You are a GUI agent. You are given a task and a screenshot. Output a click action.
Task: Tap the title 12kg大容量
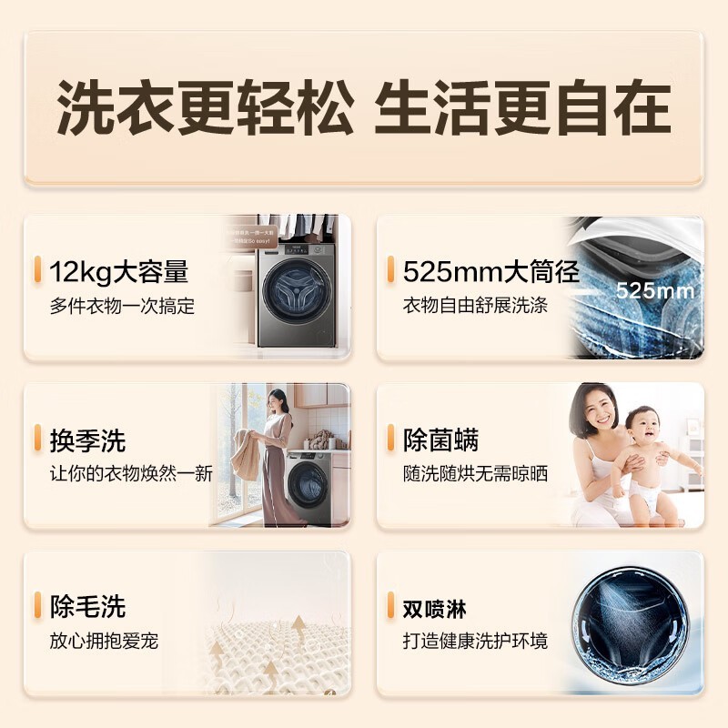tap(119, 271)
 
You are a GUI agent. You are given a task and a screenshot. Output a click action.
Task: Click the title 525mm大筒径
tap(491, 271)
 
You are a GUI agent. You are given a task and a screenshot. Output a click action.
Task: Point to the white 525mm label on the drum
tap(655, 291)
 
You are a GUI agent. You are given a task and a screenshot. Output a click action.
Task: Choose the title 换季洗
tap(87, 440)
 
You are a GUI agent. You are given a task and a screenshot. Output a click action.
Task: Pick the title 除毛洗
tap(87, 606)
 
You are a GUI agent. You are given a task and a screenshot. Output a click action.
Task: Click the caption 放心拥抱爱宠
tap(104, 642)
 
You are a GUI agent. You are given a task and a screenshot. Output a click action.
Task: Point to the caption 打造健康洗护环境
tap(476, 642)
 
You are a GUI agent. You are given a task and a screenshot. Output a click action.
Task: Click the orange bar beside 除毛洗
tap(38, 606)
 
